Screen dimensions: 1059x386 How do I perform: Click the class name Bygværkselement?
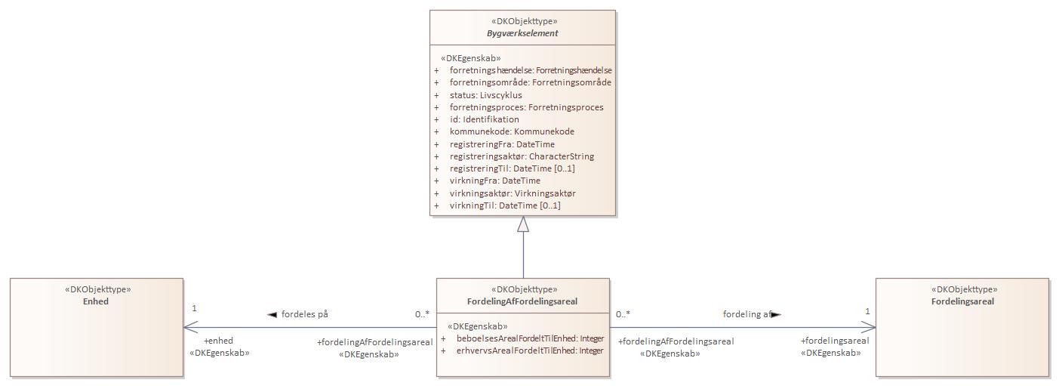click(x=522, y=33)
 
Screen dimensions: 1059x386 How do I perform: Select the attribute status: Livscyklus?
click(x=485, y=95)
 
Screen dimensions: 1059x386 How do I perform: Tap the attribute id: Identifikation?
click(x=484, y=119)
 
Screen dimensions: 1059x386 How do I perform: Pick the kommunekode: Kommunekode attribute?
click(x=512, y=131)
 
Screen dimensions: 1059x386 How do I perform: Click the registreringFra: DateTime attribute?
click(x=502, y=144)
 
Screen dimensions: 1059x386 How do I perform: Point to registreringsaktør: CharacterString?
click(x=522, y=156)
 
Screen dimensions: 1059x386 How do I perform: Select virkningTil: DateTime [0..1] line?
click(x=505, y=205)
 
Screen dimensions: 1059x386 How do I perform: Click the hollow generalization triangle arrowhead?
click(x=523, y=224)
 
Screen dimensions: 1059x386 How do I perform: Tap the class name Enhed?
click(x=96, y=301)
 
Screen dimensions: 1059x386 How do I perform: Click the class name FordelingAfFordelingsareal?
click(x=522, y=301)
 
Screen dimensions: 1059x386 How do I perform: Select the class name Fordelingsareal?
click(x=962, y=301)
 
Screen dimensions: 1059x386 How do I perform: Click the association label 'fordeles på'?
click(x=304, y=314)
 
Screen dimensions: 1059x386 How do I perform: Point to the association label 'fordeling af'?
click(x=748, y=314)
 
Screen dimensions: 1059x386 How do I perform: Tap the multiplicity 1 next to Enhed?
click(x=194, y=308)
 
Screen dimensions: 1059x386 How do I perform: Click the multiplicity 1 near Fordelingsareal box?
click(x=867, y=311)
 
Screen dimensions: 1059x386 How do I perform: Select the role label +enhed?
click(x=218, y=341)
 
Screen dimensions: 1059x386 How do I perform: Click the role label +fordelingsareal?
click(x=835, y=341)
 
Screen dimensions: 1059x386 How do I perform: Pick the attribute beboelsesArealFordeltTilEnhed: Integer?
click(x=530, y=338)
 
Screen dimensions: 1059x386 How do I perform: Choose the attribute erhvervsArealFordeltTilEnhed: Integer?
click(x=530, y=350)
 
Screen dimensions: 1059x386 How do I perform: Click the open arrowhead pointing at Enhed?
click(x=190, y=327)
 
